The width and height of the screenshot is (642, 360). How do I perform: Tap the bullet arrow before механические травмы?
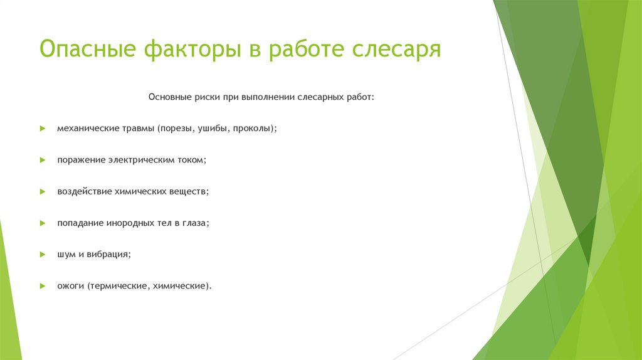(42, 128)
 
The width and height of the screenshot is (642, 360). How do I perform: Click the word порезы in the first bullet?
(177, 128)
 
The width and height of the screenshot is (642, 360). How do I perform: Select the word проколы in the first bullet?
(253, 128)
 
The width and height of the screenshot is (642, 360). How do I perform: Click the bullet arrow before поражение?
(42, 160)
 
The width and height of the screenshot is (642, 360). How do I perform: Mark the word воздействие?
(84, 191)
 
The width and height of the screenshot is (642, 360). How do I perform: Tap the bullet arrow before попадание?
(42, 223)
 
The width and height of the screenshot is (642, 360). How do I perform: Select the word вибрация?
(108, 255)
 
